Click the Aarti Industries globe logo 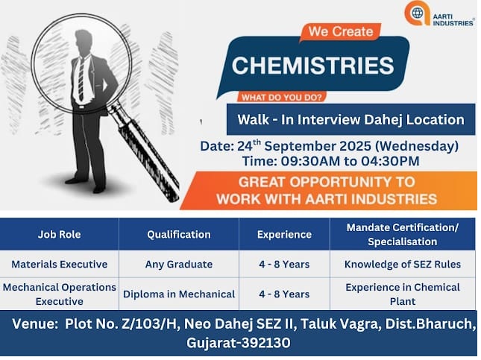pos(417,13)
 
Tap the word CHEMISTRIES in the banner pos(313,65)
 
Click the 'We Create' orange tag pos(341,31)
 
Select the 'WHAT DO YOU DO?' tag pos(281,98)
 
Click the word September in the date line pos(318,146)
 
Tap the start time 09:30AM pos(310,161)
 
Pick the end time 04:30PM pos(390,161)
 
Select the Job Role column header pos(60,235)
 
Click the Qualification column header pos(179,235)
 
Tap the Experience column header pos(284,235)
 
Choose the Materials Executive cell pos(60,265)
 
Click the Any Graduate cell pos(179,265)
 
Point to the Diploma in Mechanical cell pos(179,294)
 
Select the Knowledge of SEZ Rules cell pos(403,265)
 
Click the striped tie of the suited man pos(81,79)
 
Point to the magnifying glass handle pos(147,154)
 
